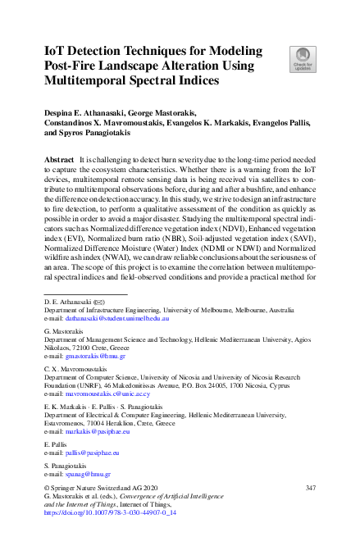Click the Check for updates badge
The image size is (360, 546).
[301, 59]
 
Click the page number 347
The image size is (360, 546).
[310, 489]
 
